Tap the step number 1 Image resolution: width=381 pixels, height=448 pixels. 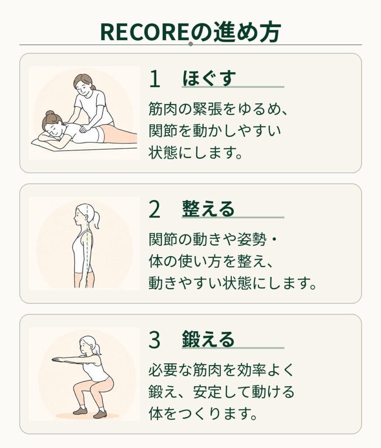[154, 79]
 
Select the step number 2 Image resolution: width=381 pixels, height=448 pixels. [154, 210]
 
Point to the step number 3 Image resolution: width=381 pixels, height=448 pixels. [154, 340]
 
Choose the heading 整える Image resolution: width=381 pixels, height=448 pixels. [208, 209]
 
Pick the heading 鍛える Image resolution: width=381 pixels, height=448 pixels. [208, 339]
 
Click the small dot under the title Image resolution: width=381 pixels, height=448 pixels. [191, 44]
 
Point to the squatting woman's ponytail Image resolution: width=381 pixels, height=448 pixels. [98, 349]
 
